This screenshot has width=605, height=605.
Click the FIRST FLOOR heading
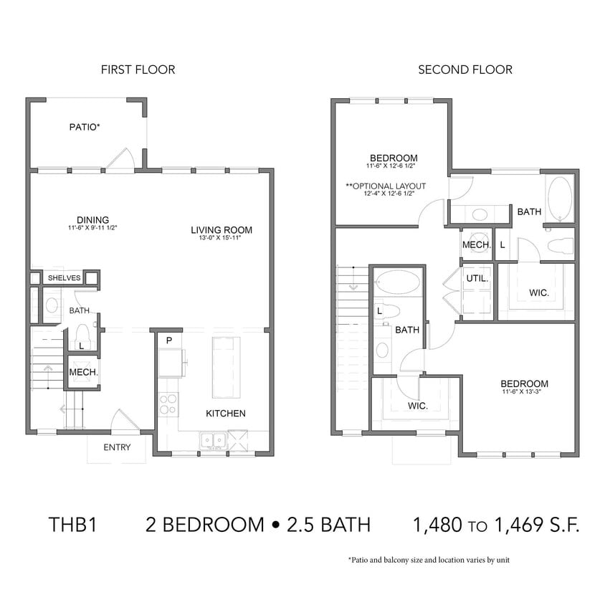(138, 70)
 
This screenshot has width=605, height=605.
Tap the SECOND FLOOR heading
(465, 70)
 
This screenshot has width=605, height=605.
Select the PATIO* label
(85, 127)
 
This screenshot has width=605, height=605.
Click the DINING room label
(93, 219)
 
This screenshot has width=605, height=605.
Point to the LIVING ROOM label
(221, 230)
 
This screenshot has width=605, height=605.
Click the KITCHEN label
(226, 414)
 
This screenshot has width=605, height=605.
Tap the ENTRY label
(117, 448)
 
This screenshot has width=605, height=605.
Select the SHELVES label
(65, 277)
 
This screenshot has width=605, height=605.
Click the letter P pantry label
(168, 340)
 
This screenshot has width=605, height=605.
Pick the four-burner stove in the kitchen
(168, 404)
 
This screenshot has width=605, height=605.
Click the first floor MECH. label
(83, 373)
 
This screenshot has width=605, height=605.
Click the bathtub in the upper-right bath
(559, 199)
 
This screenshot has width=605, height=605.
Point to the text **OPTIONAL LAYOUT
(386, 186)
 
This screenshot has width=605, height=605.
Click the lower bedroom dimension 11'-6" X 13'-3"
(525, 392)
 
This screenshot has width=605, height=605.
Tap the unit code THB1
(72, 525)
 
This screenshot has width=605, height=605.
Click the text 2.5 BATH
(330, 525)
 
